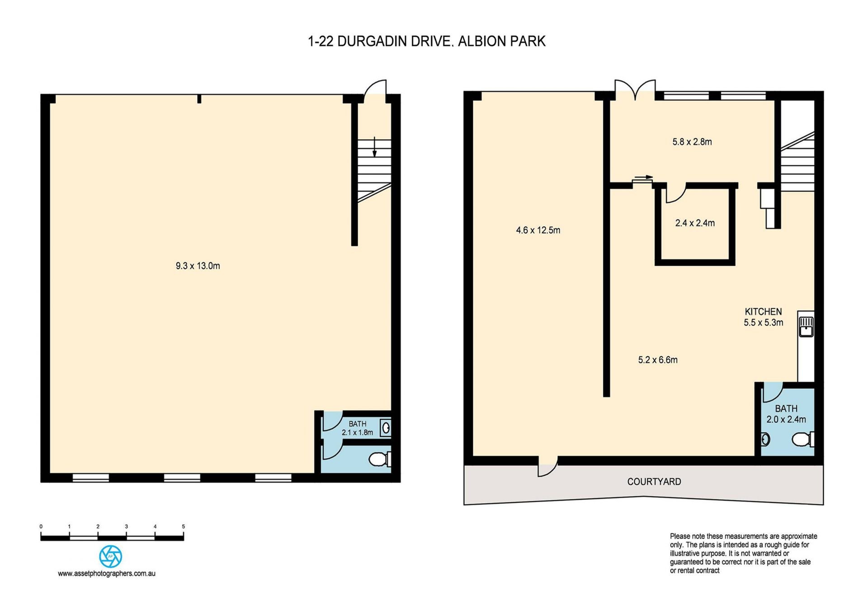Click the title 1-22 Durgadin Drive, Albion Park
[x=426, y=41]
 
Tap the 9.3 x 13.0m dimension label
[x=198, y=266]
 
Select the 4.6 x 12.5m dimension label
[x=538, y=230]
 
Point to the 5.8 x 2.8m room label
[x=692, y=142]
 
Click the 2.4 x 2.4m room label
[x=695, y=223]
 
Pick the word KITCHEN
[x=763, y=311]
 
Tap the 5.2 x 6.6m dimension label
[x=658, y=360]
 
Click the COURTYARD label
[x=654, y=482]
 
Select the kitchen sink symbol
[x=806, y=326]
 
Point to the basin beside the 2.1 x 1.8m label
[x=386, y=428]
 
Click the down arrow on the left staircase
[x=374, y=147]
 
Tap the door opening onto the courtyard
[x=547, y=467]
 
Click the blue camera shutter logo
[x=110, y=556]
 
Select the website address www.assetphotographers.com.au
[x=107, y=574]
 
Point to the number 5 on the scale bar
[x=184, y=526]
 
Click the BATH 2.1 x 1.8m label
[x=357, y=428]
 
